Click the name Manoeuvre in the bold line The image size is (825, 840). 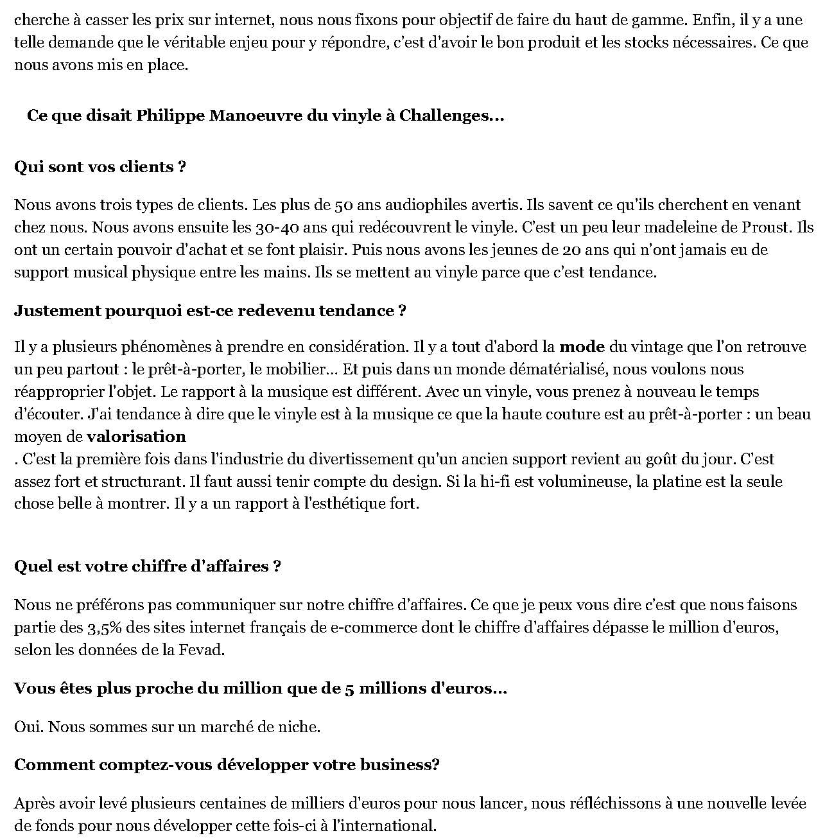[256, 116]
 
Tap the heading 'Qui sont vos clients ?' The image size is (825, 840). [100, 167]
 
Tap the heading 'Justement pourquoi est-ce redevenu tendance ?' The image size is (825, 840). [210, 311]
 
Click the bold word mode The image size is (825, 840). [582, 347]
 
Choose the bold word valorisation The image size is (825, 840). [136, 437]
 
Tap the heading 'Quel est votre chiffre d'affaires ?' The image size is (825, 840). [148, 566]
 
